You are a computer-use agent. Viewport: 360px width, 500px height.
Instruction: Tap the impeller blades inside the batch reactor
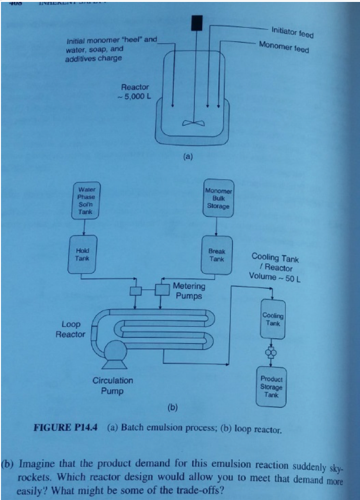[x=193, y=122]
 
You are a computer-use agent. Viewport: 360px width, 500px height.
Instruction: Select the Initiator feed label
[x=292, y=33]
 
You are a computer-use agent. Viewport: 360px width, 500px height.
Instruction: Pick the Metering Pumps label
[x=189, y=291]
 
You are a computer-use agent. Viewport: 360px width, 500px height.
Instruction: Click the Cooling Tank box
[x=272, y=320]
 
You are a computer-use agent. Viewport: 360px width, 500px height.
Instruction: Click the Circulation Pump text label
[x=113, y=386]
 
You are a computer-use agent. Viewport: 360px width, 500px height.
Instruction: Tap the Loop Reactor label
[x=70, y=329]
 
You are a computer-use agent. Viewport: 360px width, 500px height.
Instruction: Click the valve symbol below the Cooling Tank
[x=271, y=353]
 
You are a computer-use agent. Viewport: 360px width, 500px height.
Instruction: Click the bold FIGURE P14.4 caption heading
[x=65, y=427]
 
